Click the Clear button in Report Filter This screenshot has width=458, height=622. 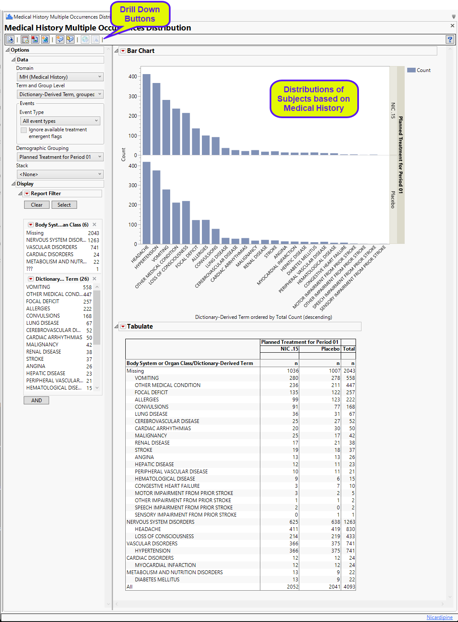(x=36, y=205)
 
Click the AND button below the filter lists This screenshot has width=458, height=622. (x=36, y=401)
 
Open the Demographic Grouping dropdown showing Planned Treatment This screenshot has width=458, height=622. (x=60, y=157)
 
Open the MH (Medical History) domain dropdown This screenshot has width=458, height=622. (x=60, y=77)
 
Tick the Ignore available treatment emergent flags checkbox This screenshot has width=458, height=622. (x=24, y=130)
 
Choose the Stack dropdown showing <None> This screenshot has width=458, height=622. (x=60, y=174)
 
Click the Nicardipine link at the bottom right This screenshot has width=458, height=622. (x=439, y=617)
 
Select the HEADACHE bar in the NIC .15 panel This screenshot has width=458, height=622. (x=146, y=114)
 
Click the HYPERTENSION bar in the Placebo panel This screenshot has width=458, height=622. (x=156, y=207)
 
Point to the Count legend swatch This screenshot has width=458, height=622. (x=411, y=70)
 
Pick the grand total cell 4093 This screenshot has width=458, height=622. (x=349, y=587)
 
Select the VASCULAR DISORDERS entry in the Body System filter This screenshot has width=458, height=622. (x=52, y=247)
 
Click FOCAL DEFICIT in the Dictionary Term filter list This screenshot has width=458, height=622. (x=43, y=301)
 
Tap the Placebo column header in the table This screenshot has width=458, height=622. (x=330, y=349)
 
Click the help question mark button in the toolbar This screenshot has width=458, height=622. (x=450, y=39)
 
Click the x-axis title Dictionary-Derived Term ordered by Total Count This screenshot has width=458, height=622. (x=263, y=317)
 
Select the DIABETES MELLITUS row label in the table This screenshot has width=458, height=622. (x=157, y=580)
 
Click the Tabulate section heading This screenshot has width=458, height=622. (x=140, y=326)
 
